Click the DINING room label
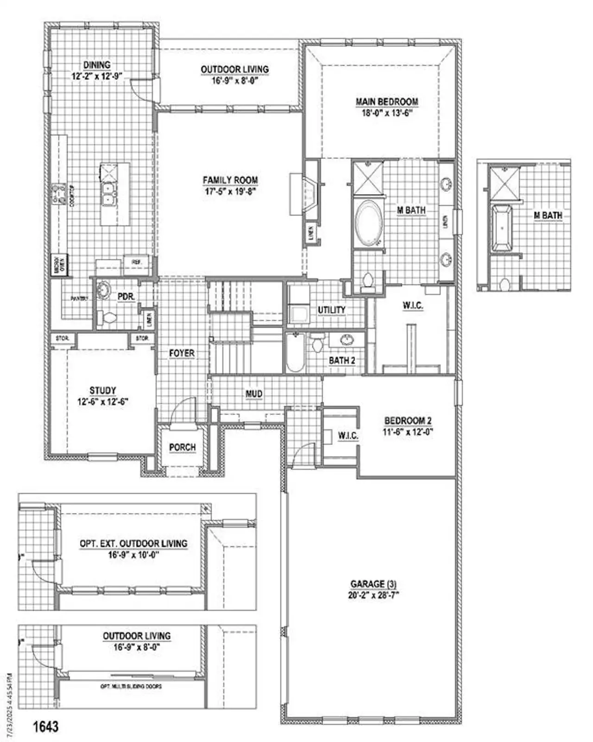[x=97, y=65]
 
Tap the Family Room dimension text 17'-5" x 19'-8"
[x=230, y=191]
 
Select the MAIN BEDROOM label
[x=387, y=101]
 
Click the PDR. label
[x=126, y=297]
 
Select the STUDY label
[x=102, y=391]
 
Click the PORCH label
[x=182, y=447]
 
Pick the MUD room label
[x=254, y=394]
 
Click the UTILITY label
[x=331, y=310]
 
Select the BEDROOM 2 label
[x=408, y=421]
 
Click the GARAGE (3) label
[x=373, y=584]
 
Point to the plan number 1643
[x=45, y=726]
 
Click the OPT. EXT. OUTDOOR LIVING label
[x=133, y=543]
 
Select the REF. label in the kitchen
[x=136, y=262]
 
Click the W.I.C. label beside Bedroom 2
[x=347, y=436]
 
